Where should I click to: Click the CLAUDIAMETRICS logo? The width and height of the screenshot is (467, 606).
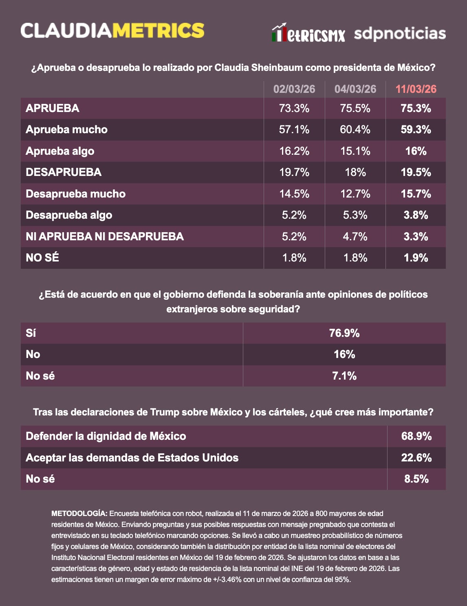pyautogui.click(x=112, y=31)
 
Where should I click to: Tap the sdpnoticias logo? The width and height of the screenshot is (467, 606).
pyautogui.click(x=400, y=34)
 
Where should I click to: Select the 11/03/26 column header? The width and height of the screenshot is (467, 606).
pyautogui.click(x=416, y=89)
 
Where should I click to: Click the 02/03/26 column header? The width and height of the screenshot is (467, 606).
pyautogui.click(x=294, y=89)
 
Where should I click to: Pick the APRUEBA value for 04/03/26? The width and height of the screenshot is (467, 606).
pyautogui.click(x=355, y=108)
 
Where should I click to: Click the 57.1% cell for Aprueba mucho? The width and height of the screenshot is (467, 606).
pyautogui.click(x=294, y=130)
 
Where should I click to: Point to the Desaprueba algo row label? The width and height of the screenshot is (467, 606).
pyautogui.click(x=69, y=215)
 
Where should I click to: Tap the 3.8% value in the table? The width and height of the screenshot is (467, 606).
pyautogui.click(x=416, y=215)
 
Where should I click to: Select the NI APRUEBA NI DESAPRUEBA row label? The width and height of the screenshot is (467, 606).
pyautogui.click(x=105, y=237)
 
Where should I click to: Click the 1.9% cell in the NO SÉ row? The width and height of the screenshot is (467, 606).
pyautogui.click(x=416, y=258)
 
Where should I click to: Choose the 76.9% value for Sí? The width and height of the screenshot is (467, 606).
pyautogui.click(x=344, y=333)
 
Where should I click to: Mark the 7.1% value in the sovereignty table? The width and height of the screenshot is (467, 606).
pyautogui.click(x=344, y=376)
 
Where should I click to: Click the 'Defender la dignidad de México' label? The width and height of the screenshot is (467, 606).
pyautogui.click(x=106, y=436)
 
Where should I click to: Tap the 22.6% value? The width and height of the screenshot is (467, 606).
pyautogui.click(x=416, y=458)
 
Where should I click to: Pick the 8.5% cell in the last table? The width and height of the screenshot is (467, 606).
pyautogui.click(x=416, y=479)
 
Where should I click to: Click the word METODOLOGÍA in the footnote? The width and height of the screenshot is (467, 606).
pyautogui.click(x=79, y=514)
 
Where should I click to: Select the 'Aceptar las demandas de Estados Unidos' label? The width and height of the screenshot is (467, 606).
pyautogui.click(x=132, y=458)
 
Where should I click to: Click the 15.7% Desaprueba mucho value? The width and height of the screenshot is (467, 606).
pyautogui.click(x=416, y=194)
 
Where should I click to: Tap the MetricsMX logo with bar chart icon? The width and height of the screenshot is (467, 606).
pyautogui.click(x=308, y=34)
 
